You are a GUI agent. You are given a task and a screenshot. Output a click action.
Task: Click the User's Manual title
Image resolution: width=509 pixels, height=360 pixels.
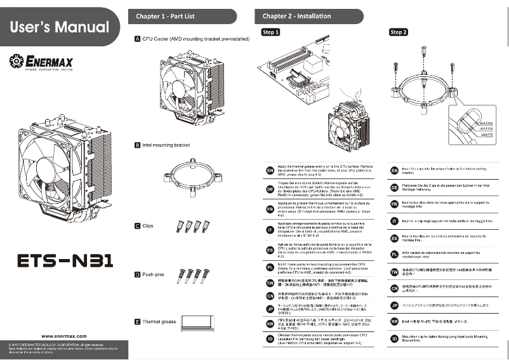60,27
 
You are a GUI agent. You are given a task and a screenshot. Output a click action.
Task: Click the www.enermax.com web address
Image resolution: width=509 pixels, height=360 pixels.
64,335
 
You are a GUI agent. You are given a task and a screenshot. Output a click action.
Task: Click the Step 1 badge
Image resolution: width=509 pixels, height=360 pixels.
270,32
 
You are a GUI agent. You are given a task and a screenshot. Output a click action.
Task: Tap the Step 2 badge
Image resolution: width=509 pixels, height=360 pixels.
399,32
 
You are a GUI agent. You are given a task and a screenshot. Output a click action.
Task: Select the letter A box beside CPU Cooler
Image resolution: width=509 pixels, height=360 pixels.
138,39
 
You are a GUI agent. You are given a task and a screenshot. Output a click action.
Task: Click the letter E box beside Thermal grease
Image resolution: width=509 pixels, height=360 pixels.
138,322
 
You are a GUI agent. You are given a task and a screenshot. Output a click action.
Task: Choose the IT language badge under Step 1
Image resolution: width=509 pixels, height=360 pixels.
269,229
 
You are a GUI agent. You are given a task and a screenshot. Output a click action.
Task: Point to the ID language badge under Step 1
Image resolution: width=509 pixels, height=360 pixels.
269,339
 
